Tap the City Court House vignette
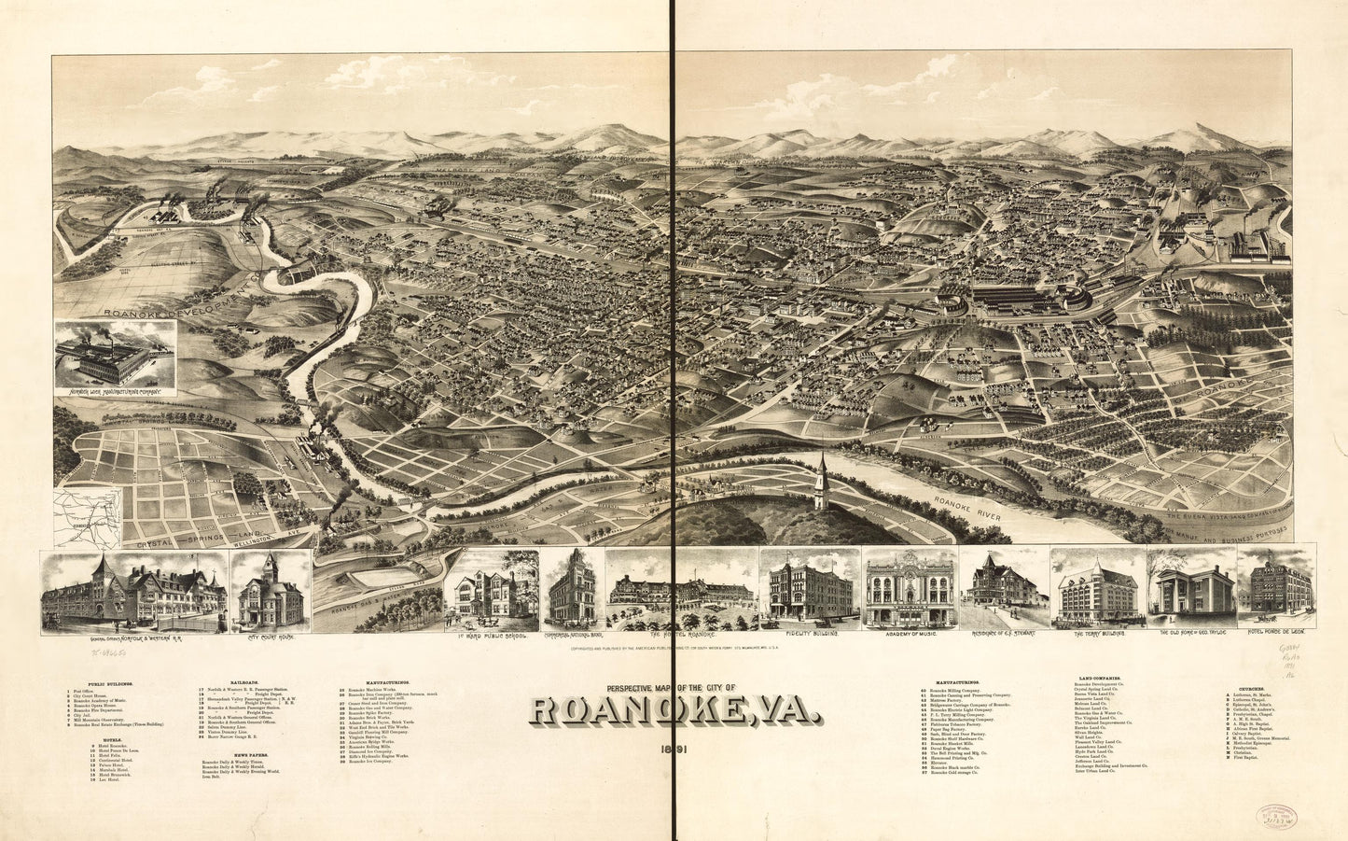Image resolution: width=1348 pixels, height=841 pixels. click(270, 590)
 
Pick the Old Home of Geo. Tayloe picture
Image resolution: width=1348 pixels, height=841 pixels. click(1190, 590)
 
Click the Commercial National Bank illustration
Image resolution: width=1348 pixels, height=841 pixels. click(572, 590)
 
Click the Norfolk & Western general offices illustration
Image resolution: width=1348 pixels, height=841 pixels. click(133, 590)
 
